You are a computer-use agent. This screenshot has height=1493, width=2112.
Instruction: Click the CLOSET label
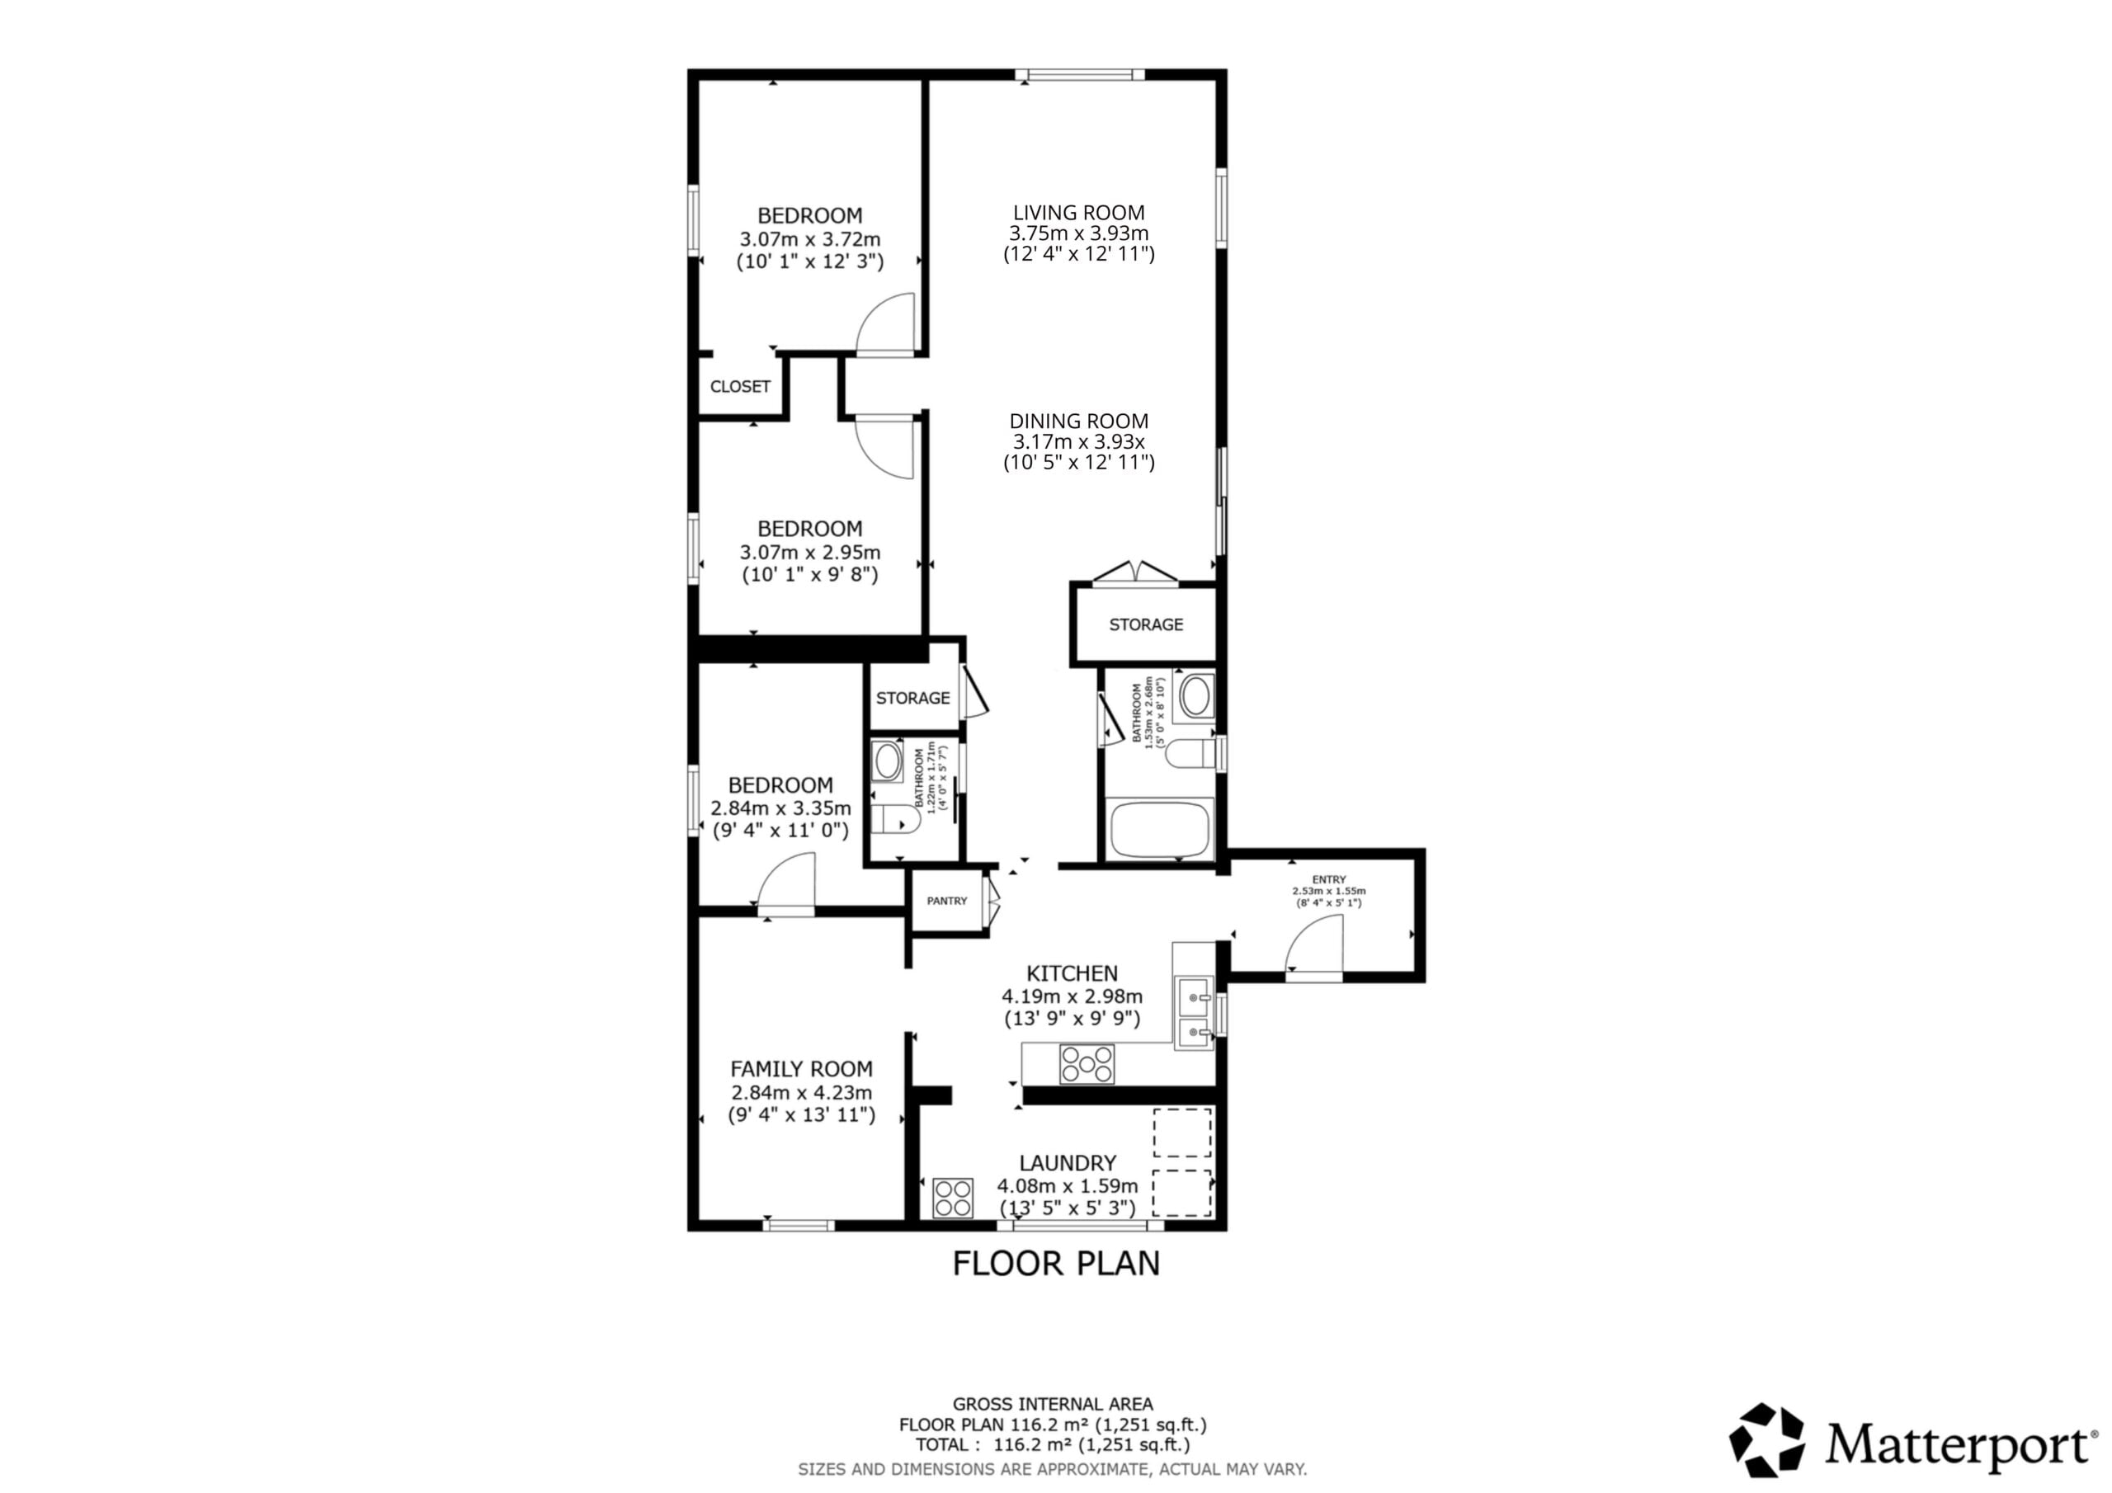click(739, 386)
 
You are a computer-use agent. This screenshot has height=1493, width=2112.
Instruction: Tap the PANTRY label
click(946, 901)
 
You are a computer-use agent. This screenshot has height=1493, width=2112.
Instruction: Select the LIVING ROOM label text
click(1079, 213)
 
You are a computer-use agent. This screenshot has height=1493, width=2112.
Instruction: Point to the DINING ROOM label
click(1079, 422)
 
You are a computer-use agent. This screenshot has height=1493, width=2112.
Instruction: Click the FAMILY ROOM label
click(801, 1069)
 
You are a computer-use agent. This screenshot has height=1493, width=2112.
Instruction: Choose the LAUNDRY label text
click(1067, 1163)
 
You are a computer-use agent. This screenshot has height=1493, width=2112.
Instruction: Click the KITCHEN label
click(1072, 973)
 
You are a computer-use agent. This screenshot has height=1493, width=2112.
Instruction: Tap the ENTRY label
click(1328, 880)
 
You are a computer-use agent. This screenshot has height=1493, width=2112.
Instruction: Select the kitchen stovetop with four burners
click(1087, 1064)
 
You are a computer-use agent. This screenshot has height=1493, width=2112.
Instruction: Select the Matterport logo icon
click(1767, 1440)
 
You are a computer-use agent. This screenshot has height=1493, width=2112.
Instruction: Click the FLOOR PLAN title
click(1056, 1263)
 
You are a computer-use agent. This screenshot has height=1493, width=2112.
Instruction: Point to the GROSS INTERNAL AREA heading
click(1053, 1405)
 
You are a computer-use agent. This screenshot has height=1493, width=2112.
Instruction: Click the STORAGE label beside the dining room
click(1146, 624)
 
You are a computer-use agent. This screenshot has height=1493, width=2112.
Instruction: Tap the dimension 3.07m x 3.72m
click(809, 239)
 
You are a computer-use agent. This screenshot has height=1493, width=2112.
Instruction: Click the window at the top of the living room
click(1080, 74)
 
